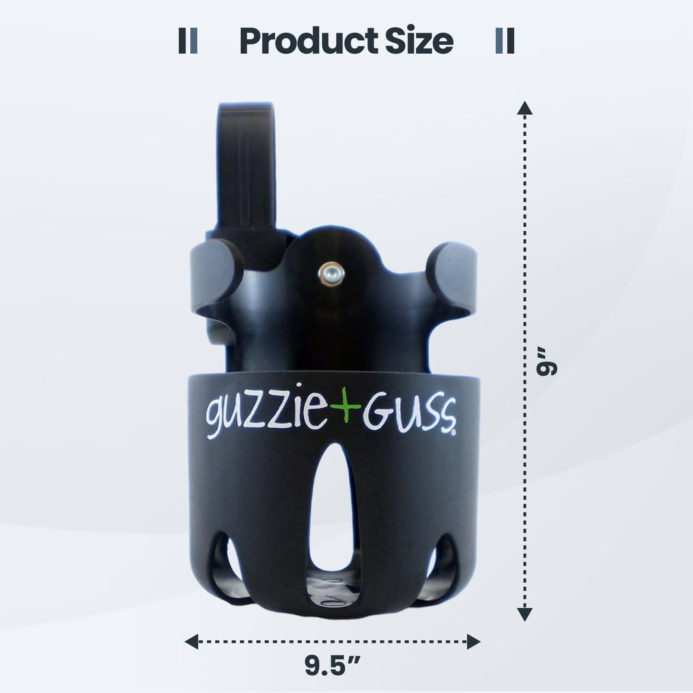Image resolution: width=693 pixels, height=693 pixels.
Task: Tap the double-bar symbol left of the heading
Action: [x=188, y=41]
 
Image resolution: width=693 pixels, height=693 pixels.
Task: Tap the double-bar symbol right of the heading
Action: [x=505, y=41]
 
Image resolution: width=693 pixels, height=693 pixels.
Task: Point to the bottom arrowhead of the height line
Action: [x=525, y=614]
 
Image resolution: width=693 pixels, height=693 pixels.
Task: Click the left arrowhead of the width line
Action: [x=192, y=641]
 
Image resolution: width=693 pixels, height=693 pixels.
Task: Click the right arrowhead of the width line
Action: [x=474, y=641]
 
